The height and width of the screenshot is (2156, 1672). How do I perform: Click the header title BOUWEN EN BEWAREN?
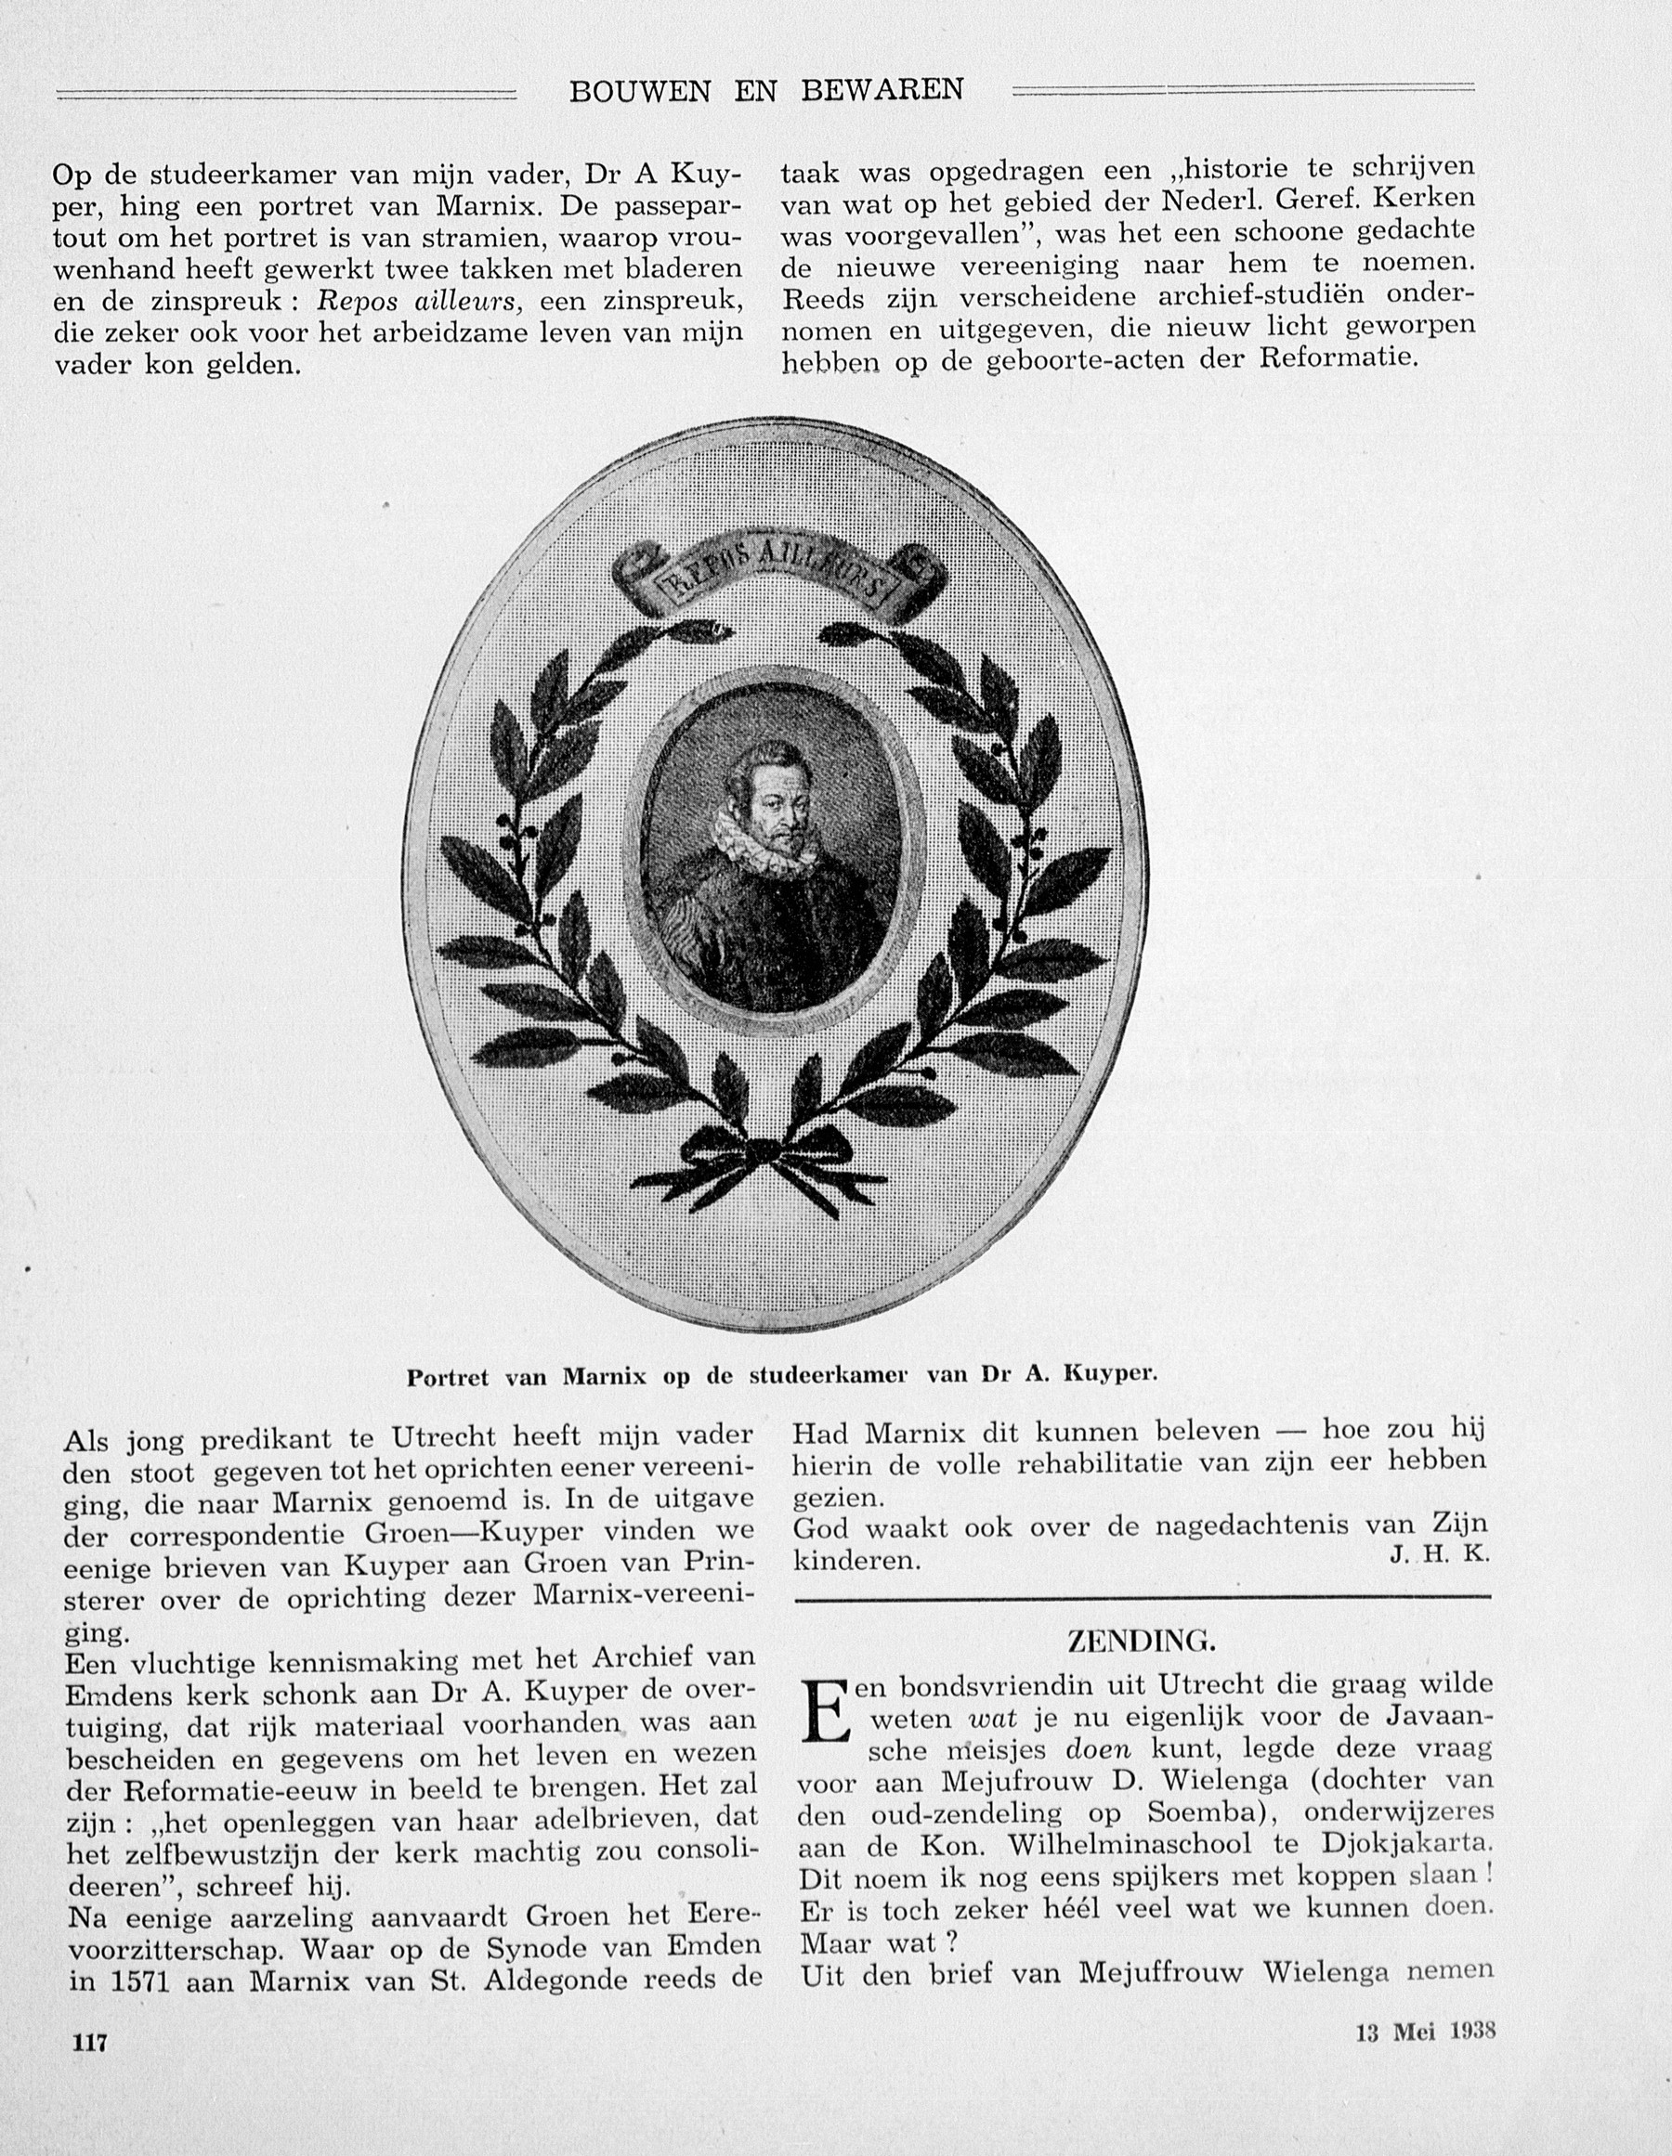tap(765, 91)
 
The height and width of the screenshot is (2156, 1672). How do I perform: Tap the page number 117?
tap(89, 2043)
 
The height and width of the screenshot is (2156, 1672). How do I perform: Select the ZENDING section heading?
tap(1141, 1642)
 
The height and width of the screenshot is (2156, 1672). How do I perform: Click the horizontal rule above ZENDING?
tap(1142, 1597)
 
